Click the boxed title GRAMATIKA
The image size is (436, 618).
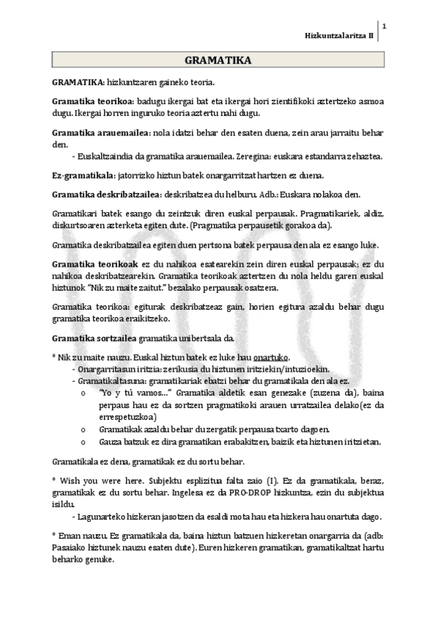pos(218,61)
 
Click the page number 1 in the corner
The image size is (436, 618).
pos(384,28)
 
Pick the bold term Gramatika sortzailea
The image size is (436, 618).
pos(94,338)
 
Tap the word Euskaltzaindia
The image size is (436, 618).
pos(108,156)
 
